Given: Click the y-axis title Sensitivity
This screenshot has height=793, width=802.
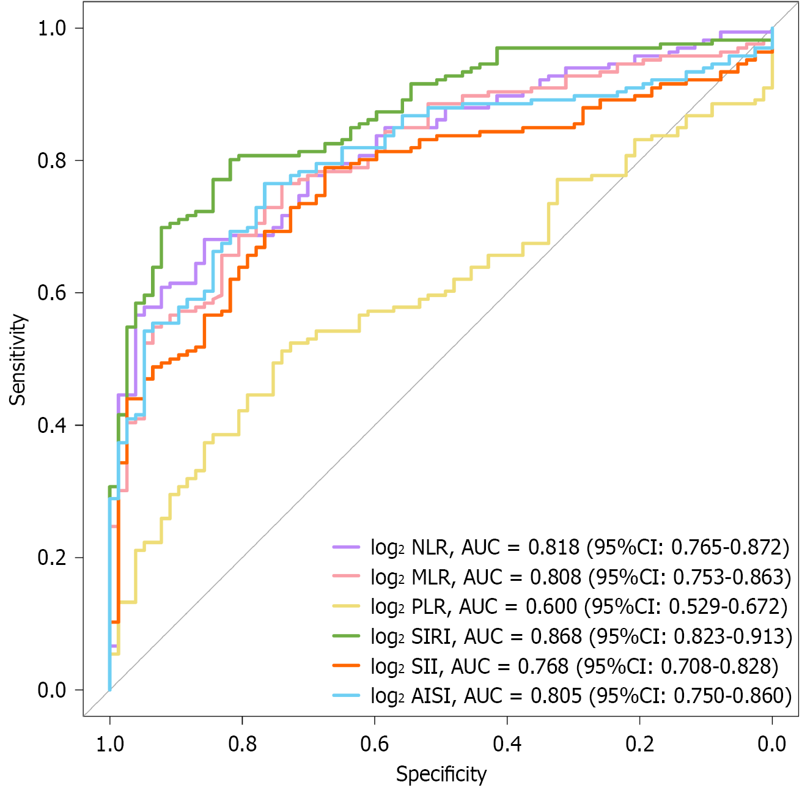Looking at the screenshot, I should pos(18,360).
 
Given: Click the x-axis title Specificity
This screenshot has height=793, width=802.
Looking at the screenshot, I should pos(441,774).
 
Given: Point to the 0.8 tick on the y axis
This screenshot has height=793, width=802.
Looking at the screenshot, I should pos(51,160).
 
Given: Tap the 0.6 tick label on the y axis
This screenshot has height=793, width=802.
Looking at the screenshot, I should pos(51,293).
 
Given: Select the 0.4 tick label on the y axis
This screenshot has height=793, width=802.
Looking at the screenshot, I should pos(51,425).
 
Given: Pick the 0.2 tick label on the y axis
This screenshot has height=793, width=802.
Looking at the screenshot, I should pos(51,558).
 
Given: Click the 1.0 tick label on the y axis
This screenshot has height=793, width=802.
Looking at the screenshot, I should pos(51,28).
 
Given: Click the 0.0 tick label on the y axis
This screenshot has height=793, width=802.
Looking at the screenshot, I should pos(51,690).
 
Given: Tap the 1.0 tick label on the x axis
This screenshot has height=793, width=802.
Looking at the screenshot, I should pos(110,743).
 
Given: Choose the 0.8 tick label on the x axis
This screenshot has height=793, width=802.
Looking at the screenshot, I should pos(242,743).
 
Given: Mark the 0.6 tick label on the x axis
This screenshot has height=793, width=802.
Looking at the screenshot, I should pos(375,743).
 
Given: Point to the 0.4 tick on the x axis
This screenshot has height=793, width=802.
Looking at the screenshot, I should pos(507,743).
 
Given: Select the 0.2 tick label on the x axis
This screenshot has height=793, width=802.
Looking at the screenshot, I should pos(639,743).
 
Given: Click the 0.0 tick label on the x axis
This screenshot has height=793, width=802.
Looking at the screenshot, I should pos(771,743).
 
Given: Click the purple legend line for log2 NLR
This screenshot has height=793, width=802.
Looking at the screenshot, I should pos(346,547).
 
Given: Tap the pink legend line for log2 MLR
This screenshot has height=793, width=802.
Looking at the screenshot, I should pos(346,577).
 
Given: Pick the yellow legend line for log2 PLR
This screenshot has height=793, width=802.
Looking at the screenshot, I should pos(346,607).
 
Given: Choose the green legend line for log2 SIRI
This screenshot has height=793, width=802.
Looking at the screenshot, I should pos(346,636).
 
